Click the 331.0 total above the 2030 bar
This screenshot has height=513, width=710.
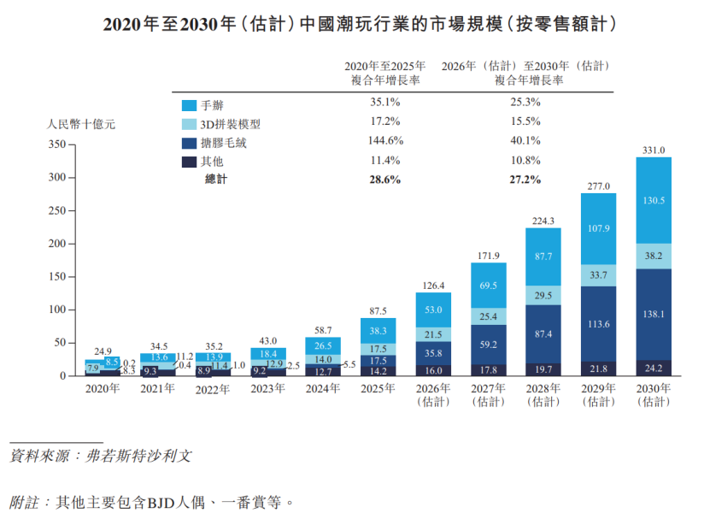(x=654, y=150)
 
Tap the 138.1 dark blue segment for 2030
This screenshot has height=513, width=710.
(x=654, y=315)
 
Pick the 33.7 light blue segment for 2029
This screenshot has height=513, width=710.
(x=598, y=275)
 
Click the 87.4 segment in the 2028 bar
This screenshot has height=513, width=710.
(x=543, y=333)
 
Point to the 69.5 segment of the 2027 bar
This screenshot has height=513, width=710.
(x=489, y=285)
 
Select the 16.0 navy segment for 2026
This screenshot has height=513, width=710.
(x=433, y=370)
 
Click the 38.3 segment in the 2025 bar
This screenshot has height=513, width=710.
(x=378, y=331)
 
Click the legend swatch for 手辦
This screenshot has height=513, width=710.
(x=190, y=106)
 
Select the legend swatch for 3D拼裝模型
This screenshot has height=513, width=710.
(x=190, y=124)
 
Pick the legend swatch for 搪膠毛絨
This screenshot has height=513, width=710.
(x=190, y=143)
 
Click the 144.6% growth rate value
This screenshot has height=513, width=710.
(x=384, y=141)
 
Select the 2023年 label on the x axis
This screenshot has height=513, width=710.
(x=267, y=388)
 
